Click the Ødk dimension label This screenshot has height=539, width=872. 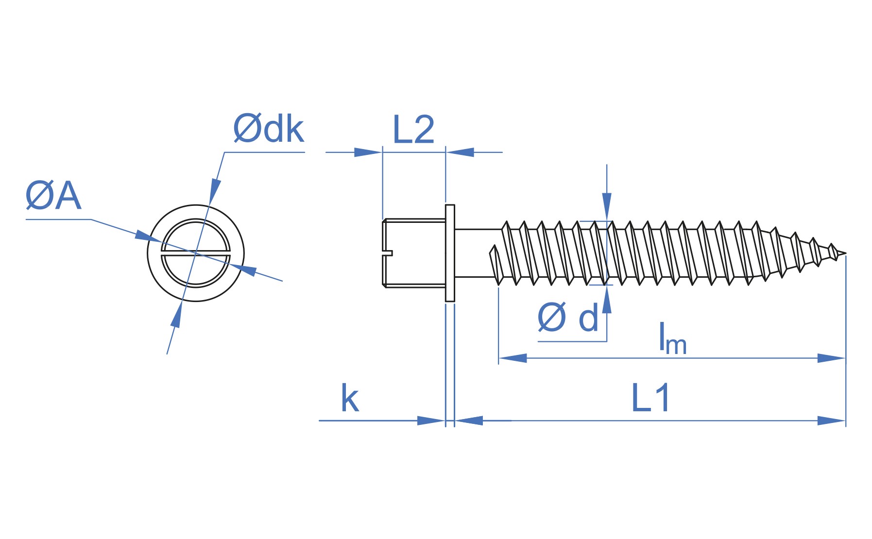268,129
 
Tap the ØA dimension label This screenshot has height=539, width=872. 53,196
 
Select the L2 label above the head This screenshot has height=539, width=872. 413,130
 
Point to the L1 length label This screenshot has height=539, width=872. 650,398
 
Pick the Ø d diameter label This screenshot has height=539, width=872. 568,318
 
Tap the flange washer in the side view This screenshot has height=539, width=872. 450,253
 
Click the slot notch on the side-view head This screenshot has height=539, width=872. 388,253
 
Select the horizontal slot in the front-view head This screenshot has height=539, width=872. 195,253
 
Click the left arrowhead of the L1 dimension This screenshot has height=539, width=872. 468,421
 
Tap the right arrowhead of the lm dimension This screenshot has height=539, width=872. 832,358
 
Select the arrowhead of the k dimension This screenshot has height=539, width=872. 431,421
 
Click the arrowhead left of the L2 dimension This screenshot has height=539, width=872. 368,152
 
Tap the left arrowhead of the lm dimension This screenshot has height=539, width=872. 513,358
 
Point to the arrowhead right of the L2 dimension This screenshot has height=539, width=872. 460,152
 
